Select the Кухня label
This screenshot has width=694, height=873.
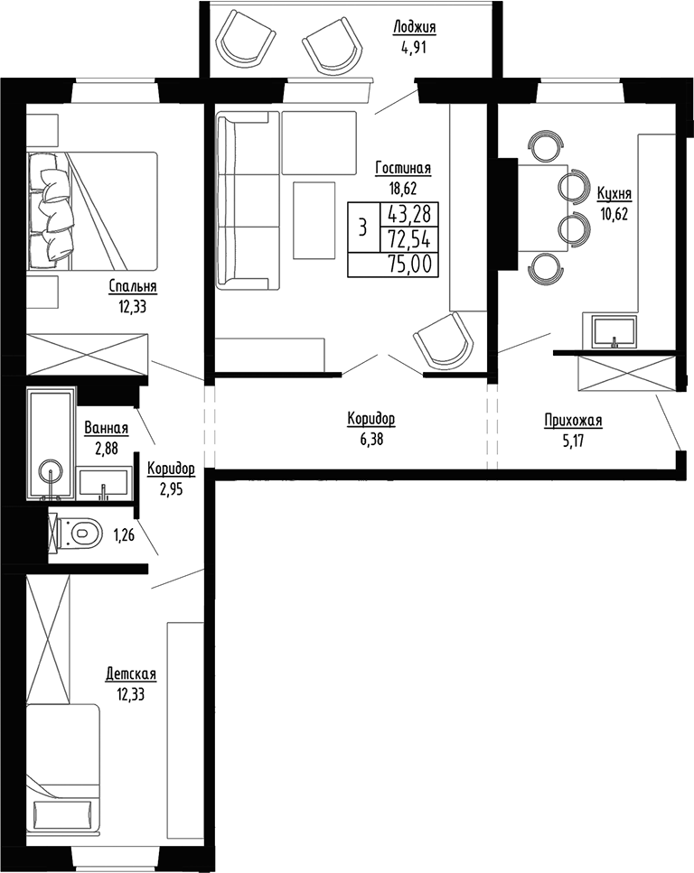point(614,194)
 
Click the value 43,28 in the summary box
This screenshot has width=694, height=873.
point(409,214)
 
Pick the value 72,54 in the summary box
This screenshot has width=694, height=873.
point(409,238)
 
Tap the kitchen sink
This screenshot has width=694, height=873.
point(614,331)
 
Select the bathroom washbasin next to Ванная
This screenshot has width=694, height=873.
point(103,483)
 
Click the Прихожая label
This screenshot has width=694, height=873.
point(573,420)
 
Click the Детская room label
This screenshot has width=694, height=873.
point(131,674)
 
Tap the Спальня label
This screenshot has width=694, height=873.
point(133,287)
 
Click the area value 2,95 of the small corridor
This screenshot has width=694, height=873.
point(170,488)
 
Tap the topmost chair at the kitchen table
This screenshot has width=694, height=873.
point(546,146)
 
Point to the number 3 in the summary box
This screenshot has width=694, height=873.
point(362,227)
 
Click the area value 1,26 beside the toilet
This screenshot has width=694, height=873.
point(124,535)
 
